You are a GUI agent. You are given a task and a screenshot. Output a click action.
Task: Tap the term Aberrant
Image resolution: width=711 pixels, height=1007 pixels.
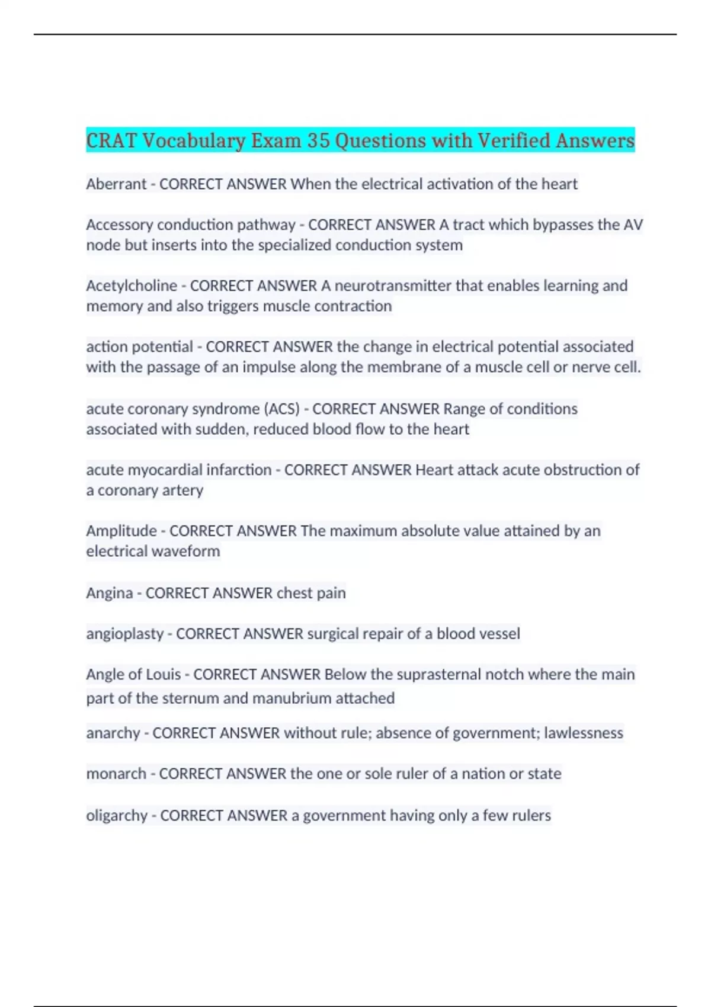(116, 184)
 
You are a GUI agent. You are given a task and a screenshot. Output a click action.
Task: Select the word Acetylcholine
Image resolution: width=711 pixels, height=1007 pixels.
(132, 286)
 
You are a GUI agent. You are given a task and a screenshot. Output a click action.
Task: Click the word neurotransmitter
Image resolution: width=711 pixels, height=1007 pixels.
(393, 286)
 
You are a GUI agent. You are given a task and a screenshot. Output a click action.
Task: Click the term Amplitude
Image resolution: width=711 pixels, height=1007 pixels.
(121, 531)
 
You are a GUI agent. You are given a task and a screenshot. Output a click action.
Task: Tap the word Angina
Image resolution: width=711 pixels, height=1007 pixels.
(110, 593)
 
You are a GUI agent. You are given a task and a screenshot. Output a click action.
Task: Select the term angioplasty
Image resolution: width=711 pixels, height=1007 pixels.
(124, 634)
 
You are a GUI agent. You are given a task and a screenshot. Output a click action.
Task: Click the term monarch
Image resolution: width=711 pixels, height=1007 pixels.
(116, 774)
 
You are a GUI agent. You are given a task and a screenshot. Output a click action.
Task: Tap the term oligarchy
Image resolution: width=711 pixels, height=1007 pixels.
(117, 816)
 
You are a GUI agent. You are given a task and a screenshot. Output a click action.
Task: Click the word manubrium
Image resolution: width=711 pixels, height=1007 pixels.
(292, 698)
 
